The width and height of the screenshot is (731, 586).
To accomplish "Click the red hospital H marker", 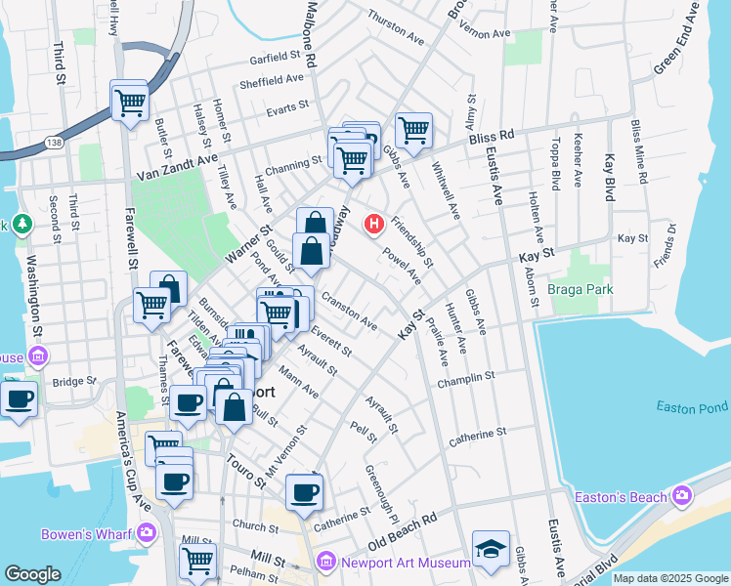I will [x=372, y=225].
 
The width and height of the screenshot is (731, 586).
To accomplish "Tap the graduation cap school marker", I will [x=491, y=550].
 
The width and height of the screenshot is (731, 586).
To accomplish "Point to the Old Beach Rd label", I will [x=402, y=532].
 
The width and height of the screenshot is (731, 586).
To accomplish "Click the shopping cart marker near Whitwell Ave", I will [x=413, y=130].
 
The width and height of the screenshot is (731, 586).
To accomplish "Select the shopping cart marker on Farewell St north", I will [x=129, y=100].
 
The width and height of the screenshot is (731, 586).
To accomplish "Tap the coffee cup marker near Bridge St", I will [x=19, y=398].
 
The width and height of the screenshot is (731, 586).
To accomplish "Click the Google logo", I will [x=32, y=574].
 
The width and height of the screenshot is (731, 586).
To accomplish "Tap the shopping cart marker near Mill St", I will [x=197, y=562].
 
